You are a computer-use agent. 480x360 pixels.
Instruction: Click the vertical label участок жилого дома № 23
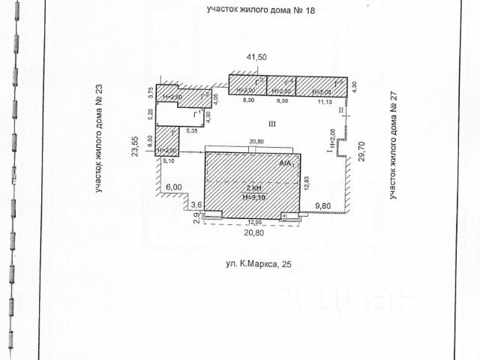pyautogui.click(x=98, y=148)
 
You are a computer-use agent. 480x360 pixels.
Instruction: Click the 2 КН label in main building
pyautogui.click(x=253, y=188)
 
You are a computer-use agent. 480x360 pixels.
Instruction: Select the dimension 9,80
pyautogui.click(x=323, y=205)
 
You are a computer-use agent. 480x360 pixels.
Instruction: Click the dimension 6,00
pyautogui.click(x=174, y=187)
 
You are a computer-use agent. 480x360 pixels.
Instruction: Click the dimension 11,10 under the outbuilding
pyautogui.click(x=325, y=100)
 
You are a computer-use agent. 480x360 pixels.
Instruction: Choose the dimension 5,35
pyautogui.click(x=191, y=130)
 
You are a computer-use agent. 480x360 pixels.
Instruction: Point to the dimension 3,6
pyautogui.click(x=197, y=205)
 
